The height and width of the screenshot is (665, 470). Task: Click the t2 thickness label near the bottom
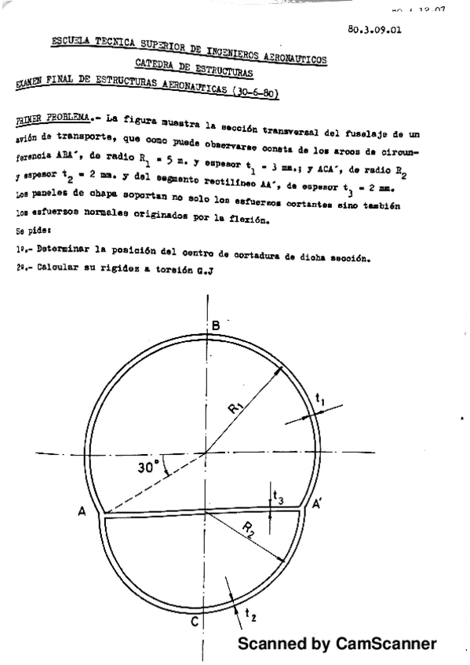(251, 617)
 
